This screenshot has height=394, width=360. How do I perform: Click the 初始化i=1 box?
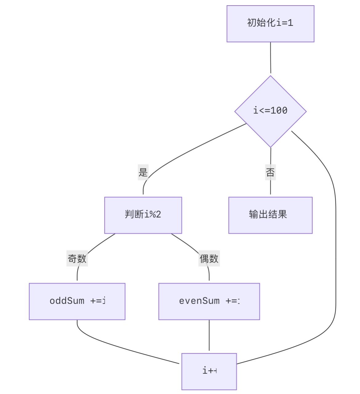[x=270, y=24]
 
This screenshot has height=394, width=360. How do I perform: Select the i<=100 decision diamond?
[x=270, y=111]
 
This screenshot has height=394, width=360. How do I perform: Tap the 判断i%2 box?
[x=143, y=215]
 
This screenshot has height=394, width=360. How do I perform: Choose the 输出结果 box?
[x=270, y=215]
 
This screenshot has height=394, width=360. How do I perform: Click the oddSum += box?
[x=77, y=301]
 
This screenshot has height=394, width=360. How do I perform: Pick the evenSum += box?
[x=209, y=301]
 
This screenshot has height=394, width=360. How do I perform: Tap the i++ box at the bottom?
[x=209, y=372]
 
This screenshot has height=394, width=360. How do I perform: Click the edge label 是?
[x=143, y=172]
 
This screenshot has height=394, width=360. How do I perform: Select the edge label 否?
[x=270, y=172]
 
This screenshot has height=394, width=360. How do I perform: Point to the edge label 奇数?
[x=77, y=259]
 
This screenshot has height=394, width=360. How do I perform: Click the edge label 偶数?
[x=209, y=259]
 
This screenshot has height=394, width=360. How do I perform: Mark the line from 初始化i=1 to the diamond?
[x=270, y=58]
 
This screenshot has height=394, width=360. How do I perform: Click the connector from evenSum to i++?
[x=209, y=336]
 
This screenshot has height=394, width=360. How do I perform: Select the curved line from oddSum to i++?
[x=123, y=348]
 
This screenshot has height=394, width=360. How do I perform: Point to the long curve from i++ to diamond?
[x=335, y=246]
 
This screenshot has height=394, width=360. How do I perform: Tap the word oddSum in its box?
[x=67, y=301]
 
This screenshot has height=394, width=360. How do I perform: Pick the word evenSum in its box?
[x=199, y=301]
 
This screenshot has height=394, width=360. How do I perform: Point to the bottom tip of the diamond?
[x=270, y=147]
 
